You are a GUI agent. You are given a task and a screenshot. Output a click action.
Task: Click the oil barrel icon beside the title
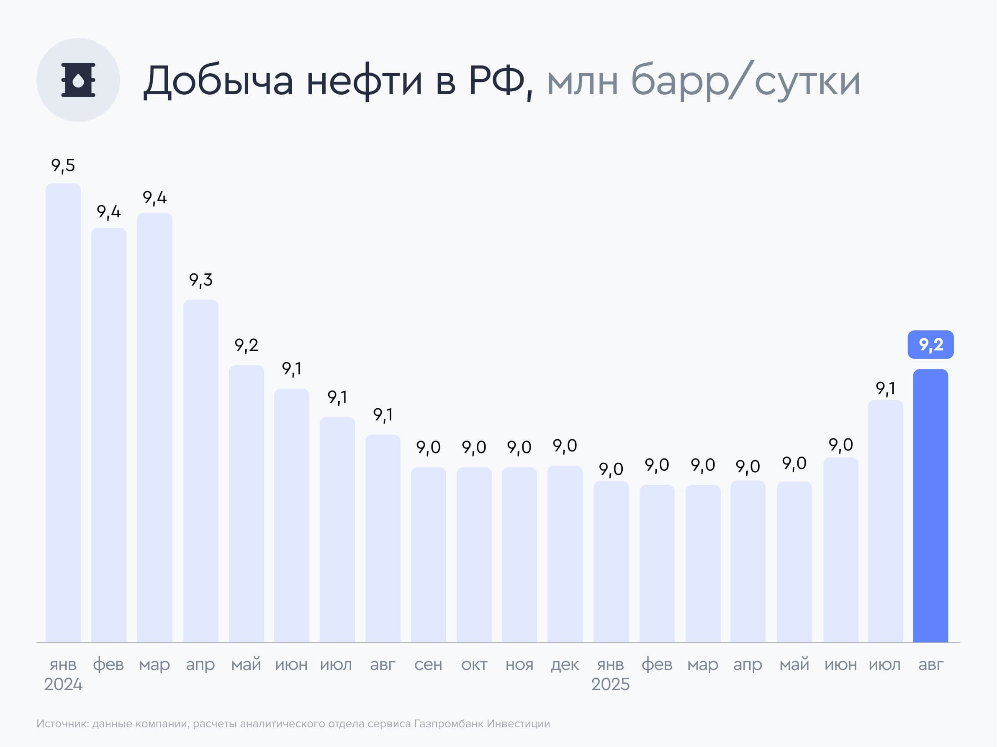click(x=78, y=80)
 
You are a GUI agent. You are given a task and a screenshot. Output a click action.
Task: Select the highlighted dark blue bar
click(x=930, y=505)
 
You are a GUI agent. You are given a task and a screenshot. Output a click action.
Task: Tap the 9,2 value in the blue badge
click(x=930, y=345)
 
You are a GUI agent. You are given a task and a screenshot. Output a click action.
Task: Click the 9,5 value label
click(x=63, y=166)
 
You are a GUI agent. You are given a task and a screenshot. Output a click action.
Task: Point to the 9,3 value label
click(x=200, y=281)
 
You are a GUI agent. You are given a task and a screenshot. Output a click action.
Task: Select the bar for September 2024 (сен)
click(x=428, y=554)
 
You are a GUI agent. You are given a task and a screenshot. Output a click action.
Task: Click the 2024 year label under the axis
click(x=63, y=684)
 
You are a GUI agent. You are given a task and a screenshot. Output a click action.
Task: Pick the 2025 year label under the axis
click(x=610, y=684)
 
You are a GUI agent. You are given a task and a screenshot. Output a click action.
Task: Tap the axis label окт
click(x=474, y=665)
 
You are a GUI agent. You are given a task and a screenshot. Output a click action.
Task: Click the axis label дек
click(x=565, y=665)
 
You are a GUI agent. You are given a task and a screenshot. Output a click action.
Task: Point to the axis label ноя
click(x=519, y=665)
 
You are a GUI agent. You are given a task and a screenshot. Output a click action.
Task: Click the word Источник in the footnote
click(x=62, y=724)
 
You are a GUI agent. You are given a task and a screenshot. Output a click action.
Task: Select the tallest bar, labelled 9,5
click(x=63, y=412)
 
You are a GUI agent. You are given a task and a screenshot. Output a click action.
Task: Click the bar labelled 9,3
click(x=200, y=471)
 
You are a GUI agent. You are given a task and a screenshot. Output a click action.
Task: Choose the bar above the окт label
click(x=474, y=554)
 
